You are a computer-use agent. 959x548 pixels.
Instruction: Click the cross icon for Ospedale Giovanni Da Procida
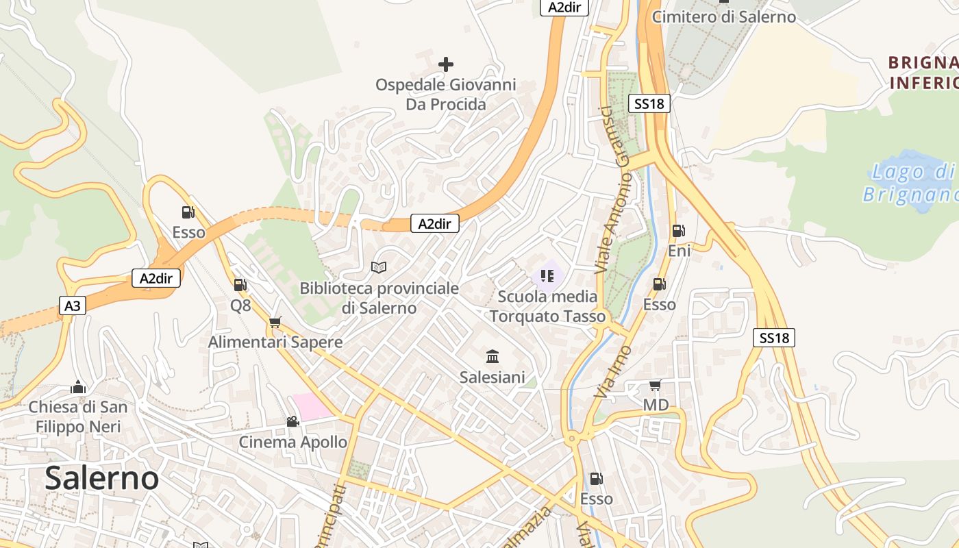[446, 64]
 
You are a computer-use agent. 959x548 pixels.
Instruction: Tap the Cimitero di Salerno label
[724, 16]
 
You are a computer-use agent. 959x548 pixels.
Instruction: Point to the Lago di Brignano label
[910, 182]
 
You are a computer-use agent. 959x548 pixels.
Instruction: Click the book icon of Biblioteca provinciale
[379, 267]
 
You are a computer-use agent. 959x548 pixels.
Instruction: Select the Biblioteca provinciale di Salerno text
[379, 298]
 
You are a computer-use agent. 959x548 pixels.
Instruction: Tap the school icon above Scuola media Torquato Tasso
[547, 276]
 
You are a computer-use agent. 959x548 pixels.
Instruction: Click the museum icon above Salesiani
[492, 356]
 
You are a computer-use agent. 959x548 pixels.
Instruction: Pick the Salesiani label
[492, 377]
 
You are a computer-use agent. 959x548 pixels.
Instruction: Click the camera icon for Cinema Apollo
[292, 421]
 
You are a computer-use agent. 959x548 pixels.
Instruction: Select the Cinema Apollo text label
[292, 442]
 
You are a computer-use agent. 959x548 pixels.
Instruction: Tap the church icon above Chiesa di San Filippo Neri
[78, 387]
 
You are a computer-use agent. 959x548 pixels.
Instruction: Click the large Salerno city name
[101, 477]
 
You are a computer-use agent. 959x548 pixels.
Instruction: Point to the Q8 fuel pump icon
[240, 285]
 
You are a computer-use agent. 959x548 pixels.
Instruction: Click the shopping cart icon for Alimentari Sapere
[275, 322]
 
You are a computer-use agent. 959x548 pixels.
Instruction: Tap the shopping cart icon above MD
[655, 385]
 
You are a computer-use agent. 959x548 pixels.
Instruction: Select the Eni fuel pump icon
[678, 231]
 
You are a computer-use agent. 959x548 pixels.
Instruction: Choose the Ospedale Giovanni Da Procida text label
[445, 95]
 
